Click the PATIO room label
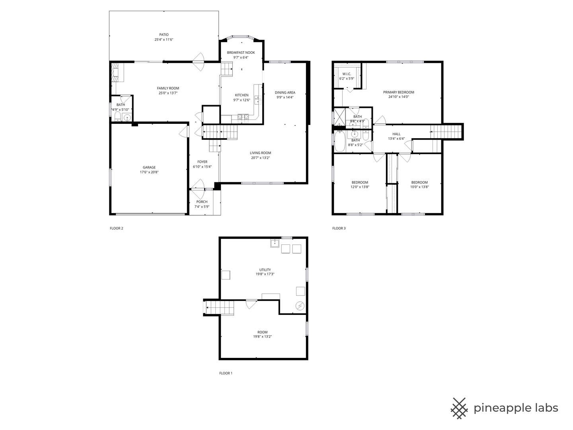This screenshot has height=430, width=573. click(x=164, y=35)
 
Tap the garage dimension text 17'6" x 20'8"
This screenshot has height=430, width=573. click(x=150, y=172)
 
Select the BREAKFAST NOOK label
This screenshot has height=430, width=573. click(x=241, y=53)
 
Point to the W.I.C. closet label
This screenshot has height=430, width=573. click(x=346, y=74)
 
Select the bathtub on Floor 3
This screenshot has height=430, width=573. click(x=339, y=142)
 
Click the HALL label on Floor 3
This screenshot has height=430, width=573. click(x=396, y=134)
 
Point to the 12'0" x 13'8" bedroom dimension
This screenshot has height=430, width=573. click(x=360, y=187)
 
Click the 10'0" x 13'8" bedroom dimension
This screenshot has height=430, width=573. click(x=419, y=187)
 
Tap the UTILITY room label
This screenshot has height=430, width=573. click(x=265, y=270)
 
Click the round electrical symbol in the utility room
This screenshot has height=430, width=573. click(x=300, y=306)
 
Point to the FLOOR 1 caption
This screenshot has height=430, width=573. click(x=226, y=373)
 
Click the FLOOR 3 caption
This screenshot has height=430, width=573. click(x=339, y=228)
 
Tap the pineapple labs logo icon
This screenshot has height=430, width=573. click(x=459, y=408)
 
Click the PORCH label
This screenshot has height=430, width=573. click(x=202, y=202)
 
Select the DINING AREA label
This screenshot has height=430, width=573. click(x=285, y=92)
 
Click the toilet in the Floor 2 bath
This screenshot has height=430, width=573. click(x=118, y=117)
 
